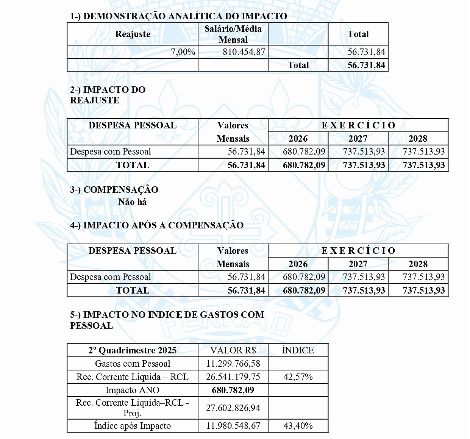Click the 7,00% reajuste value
click(x=183, y=52)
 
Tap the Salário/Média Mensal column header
click(x=233, y=34)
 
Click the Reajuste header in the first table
click(x=133, y=34)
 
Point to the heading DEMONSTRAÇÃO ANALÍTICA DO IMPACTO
click(x=178, y=16)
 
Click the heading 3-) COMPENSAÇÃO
click(x=114, y=190)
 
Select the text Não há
click(x=132, y=202)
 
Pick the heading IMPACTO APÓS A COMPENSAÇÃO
click(x=157, y=225)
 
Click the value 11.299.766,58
click(x=233, y=364)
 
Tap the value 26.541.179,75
click(x=233, y=377)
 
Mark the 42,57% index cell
click(x=298, y=377)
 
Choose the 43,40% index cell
click(x=298, y=426)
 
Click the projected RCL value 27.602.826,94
click(x=233, y=408)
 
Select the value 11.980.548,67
click(x=233, y=426)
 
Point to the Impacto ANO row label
click(x=133, y=390)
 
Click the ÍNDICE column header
click(x=298, y=350)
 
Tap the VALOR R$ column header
click(x=233, y=350)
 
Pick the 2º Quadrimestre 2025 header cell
click(x=133, y=350)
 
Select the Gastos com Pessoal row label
click(x=133, y=364)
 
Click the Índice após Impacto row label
click(x=133, y=426)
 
